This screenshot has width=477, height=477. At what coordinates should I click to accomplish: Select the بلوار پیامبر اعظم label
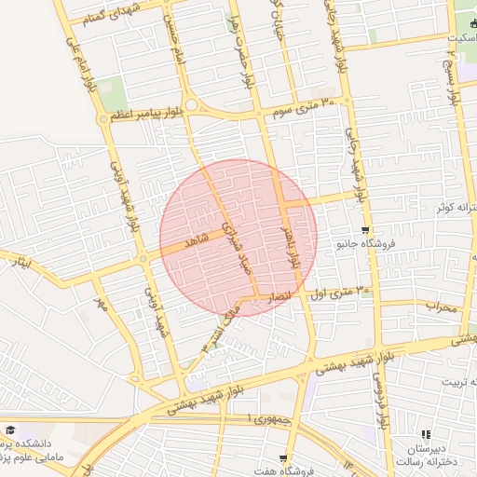tap(138, 116)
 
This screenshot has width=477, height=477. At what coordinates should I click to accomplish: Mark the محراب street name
tap(440, 306)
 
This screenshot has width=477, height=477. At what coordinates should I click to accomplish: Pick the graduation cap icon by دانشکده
tap(10, 430)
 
